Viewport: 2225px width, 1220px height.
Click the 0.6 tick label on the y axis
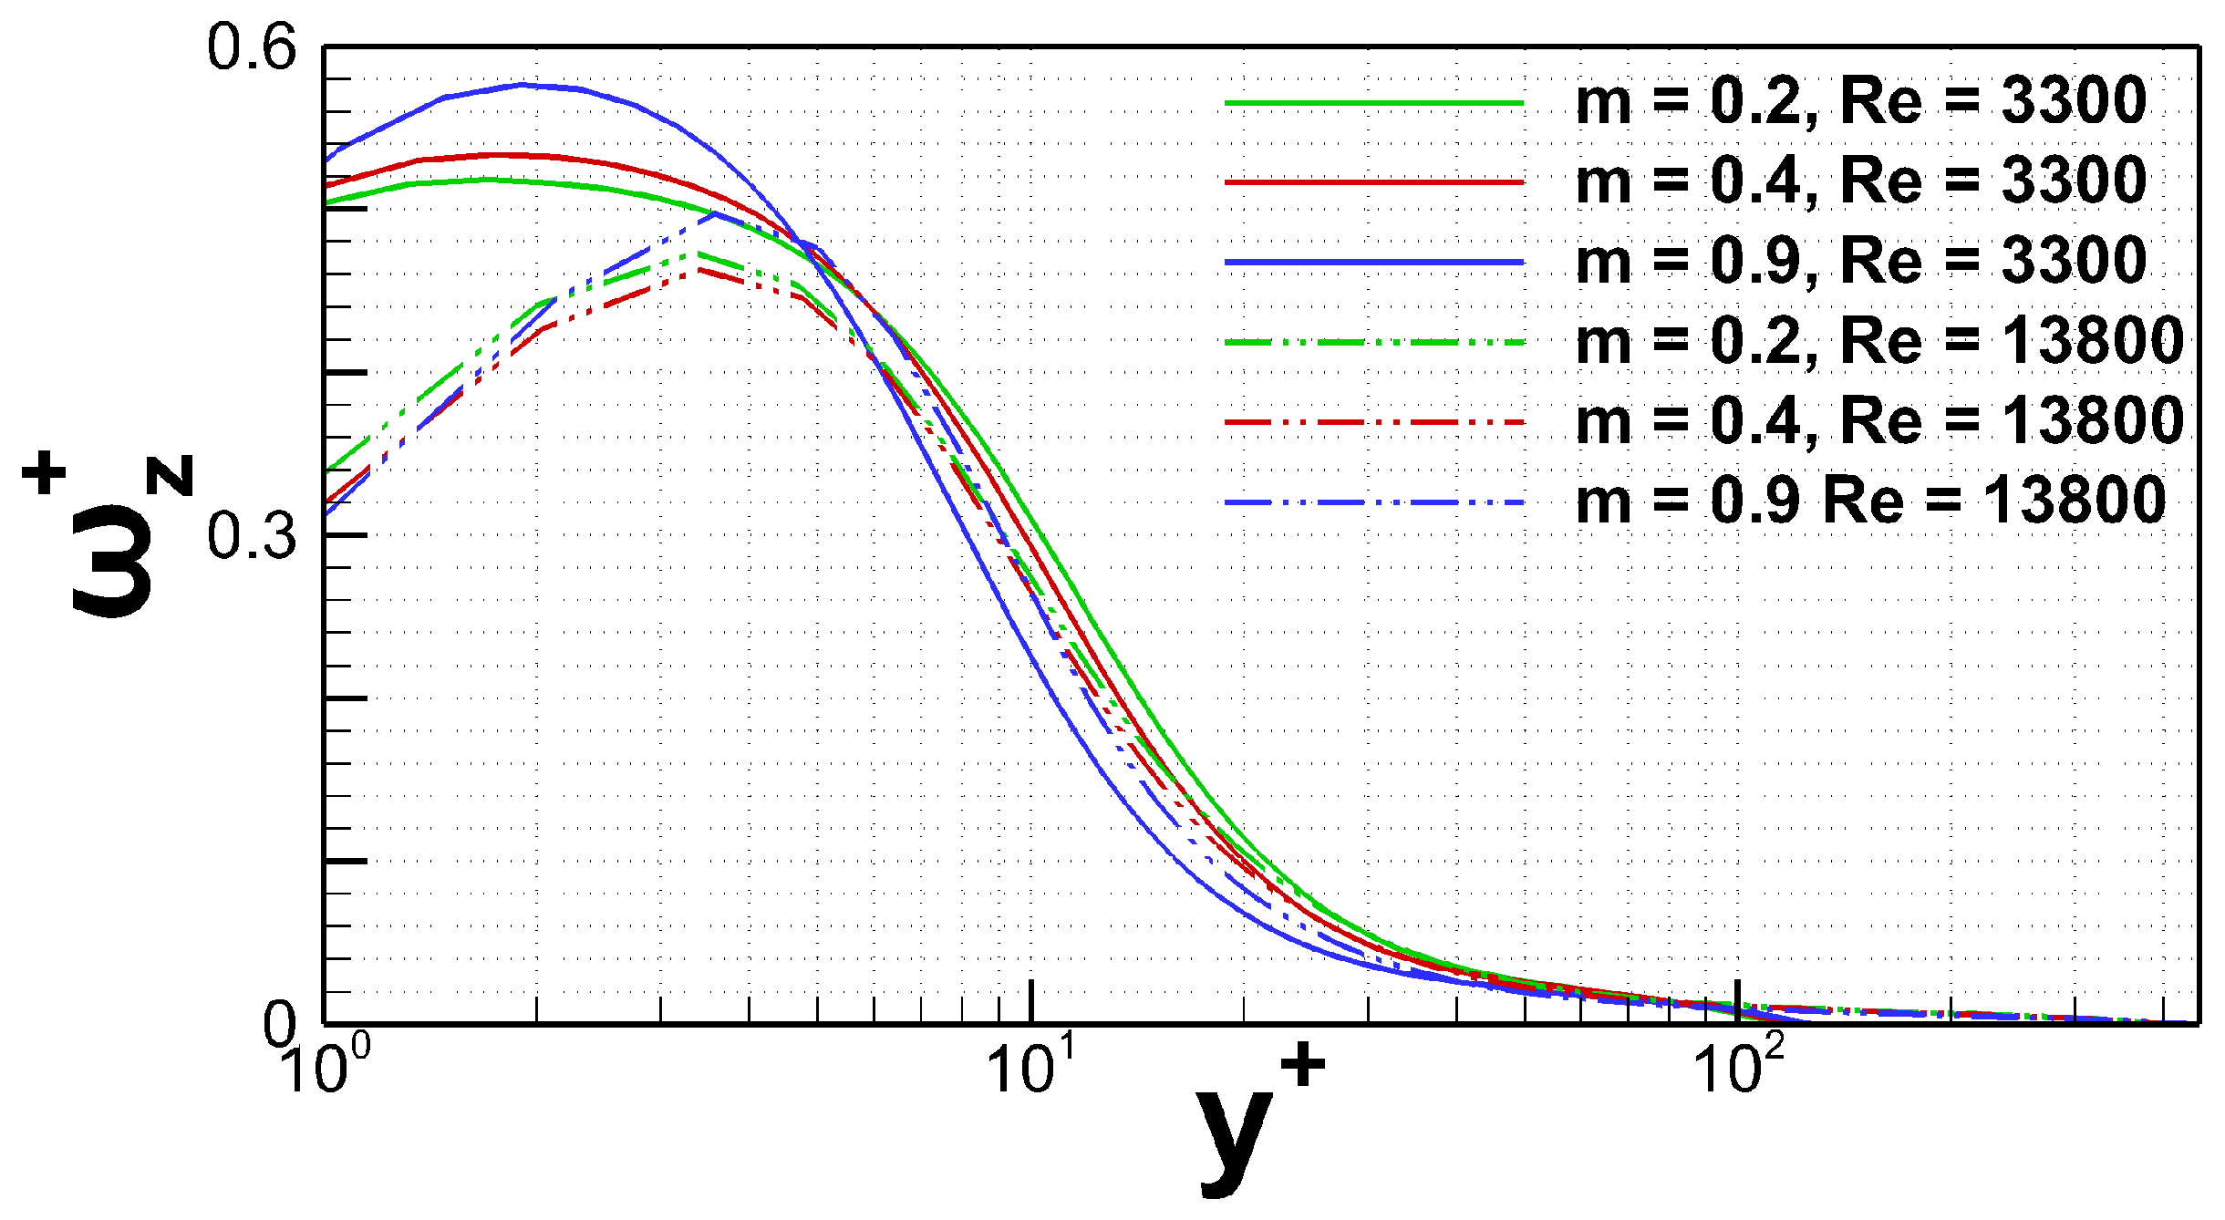[x=252, y=47]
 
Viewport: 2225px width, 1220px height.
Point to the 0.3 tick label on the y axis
[x=252, y=536]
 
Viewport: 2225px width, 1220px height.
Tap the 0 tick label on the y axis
[x=279, y=1023]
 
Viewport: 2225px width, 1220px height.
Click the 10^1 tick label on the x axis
[x=1032, y=1067]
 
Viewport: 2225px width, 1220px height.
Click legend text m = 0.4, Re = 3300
[x=1860, y=181]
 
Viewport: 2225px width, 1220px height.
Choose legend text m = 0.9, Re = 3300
[x=1860, y=261]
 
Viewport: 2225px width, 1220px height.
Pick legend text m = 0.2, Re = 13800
[x=1878, y=341]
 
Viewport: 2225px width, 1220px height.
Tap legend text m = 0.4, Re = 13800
[x=1878, y=421]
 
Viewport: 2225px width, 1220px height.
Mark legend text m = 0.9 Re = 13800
[x=1869, y=501]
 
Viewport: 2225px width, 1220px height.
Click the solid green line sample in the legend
[x=1374, y=103]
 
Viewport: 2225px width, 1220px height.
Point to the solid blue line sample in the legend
[x=1374, y=263]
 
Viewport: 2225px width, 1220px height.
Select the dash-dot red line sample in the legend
[x=1374, y=422]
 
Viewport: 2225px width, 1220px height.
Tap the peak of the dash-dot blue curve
[x=717, y=213]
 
